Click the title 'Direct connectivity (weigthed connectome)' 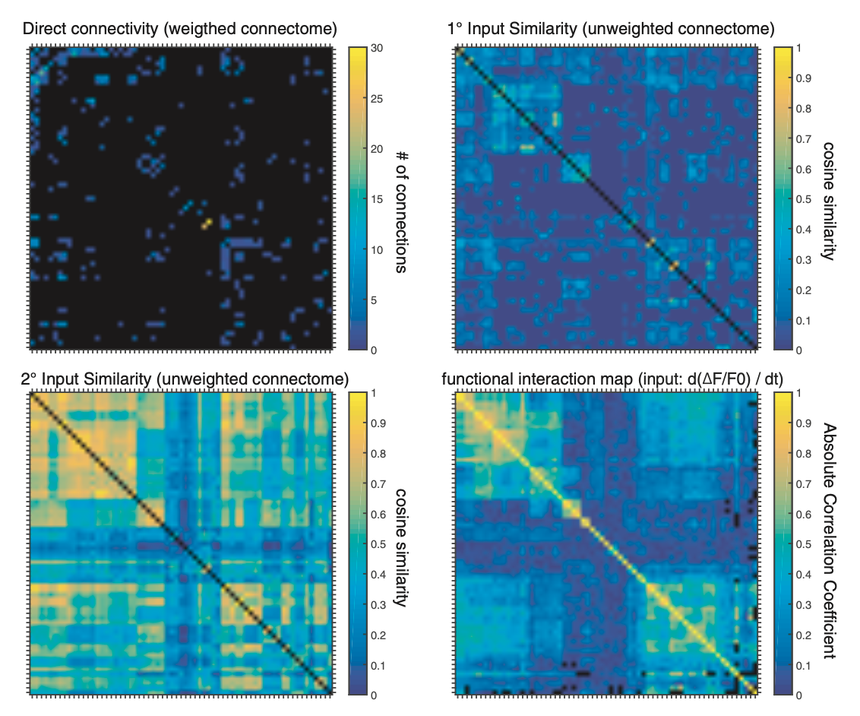pos(180,30)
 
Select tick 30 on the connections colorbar pos(376,47)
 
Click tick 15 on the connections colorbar pos(376,198)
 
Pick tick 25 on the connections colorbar pos(376,98)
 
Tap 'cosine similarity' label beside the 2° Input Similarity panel pos(400,546)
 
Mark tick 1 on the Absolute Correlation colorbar pos(799,393)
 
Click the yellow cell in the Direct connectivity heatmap pos(206,223)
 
